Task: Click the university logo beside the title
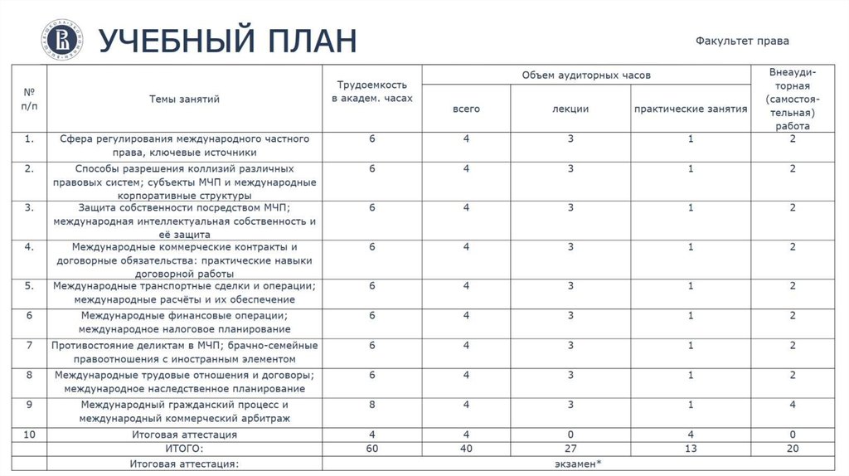point(59,38)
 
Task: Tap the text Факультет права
point(742,40)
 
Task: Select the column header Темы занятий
point(184,99)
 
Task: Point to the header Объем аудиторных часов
point(586,75)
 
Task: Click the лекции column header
point(570,109)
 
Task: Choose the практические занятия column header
point(690,109)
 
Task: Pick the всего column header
point(466,109)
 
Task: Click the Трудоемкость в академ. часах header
point(372,92)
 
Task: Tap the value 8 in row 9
point(373,405)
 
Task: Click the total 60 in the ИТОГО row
point(373,449)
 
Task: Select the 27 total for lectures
point(570,449)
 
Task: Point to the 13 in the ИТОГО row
point(690,449)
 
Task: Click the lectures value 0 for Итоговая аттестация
point(570,434)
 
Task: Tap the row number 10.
point(29,434)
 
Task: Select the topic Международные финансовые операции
point(184,315)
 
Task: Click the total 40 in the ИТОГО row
point(467,449)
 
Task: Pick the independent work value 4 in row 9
point(793,405)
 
